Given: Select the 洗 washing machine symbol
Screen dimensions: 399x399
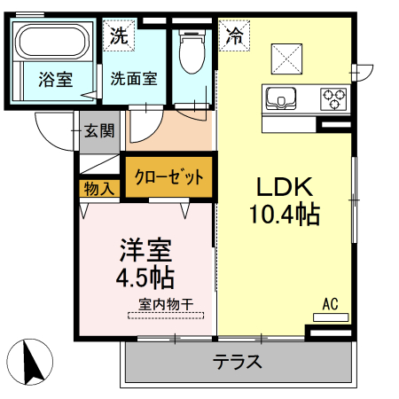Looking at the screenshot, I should tap(118, 36).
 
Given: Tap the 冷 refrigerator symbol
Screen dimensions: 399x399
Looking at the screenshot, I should tap(234, 36).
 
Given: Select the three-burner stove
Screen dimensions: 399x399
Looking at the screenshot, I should tap(332, 95).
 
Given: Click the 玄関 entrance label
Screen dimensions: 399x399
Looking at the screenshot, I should tap(98, 132).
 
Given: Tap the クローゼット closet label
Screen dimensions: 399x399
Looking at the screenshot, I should tap(168, 176).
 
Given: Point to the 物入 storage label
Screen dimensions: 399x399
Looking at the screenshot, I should tap(98, 188).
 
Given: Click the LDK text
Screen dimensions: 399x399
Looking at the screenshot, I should tap(284, 187).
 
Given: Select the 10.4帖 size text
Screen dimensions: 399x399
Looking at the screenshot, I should tap(285, 215).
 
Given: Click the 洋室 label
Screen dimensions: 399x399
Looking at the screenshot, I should tap(145, 249).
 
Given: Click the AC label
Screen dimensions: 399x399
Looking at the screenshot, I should tap(330, 304).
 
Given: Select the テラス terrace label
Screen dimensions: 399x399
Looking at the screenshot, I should tap(237, 362).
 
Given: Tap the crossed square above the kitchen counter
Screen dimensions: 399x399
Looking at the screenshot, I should tap(286, 59).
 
